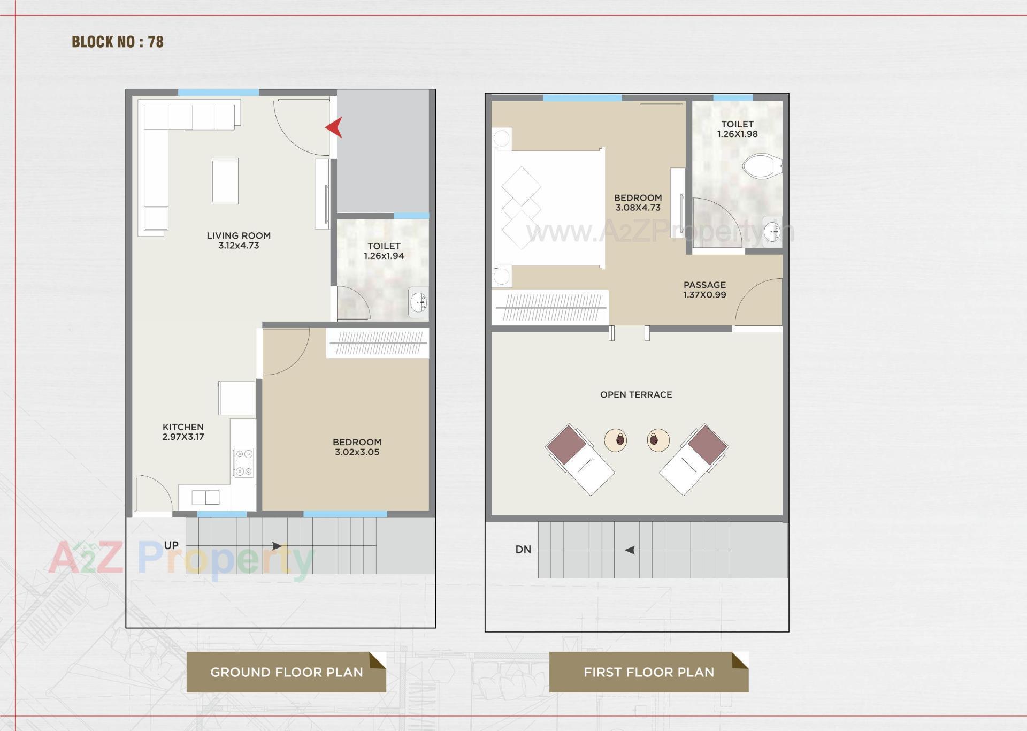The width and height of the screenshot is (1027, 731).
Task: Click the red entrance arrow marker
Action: pyautogui.click(x=335, y=127)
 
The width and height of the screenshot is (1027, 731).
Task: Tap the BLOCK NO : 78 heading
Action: pyautogui.click(x=118, y=42)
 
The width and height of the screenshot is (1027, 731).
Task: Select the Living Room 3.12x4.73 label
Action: pyautogui.click(x=239, y=240)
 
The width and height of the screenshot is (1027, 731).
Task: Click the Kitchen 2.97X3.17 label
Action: pyautogui.click(x=183, y=431)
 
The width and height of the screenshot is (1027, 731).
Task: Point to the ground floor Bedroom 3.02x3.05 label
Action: pyautogui.click(x=357, y=447)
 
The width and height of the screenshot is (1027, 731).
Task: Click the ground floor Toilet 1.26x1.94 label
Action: pyautogui.click(x=384, y=250)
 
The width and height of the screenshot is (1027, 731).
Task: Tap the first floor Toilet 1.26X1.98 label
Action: pyautogui.click(x=737, y=129)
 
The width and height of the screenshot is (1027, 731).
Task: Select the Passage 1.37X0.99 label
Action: pyautogui.click(x=704, y=290)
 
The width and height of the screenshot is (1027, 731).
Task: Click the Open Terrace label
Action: pyautogui.click(x=636, y=394)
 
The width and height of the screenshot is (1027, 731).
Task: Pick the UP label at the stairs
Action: pyautogui.click(x=171, y=545)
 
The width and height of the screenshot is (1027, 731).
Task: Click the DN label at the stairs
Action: pyautogui.click(x=523, y=549)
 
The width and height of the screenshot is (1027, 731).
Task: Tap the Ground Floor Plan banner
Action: pyautogui.click(x=286, y=672)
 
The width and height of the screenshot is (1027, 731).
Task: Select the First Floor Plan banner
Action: pyautogui.click(x=648, y=672)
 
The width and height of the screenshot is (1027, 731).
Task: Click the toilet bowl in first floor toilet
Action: pyautogui.click(x=762, y=166)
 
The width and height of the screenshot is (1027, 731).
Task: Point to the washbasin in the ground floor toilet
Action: pyautogui.click(x=418, y=303)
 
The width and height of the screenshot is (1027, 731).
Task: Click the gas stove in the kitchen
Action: pyautogui.click(x=244, y=462)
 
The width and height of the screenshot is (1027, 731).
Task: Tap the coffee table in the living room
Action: pyautogui.click(x=225, y=181)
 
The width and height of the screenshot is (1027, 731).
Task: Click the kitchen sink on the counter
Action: pyautogui.click(x=206, y=497)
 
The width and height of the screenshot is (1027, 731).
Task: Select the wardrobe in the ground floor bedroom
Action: pyautogui.click(x=378, y=343)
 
